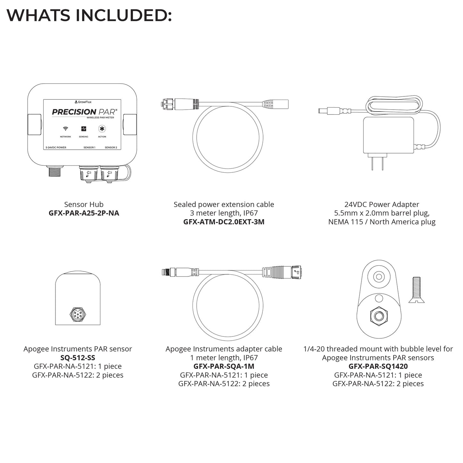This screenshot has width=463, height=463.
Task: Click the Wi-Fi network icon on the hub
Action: pyautogui.click(x=65, y=128)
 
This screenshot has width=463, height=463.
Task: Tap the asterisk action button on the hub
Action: pyautogui.click(x=102, y=129)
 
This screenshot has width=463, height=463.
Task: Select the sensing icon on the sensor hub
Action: pyautogui.click(x=84, y=129)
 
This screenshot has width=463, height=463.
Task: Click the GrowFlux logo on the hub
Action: pyautogui.click(x=83, y=102)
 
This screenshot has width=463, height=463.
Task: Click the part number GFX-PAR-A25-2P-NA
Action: pyautogui.click(x=84, y=213)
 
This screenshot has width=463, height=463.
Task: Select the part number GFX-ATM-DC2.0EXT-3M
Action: pyautogui.click(x=224, y=222)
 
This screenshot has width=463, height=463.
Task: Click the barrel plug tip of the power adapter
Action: pyautogui.click(x=323, y=111)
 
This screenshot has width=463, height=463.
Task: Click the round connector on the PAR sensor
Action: pyautogui.click(x=78, y=314)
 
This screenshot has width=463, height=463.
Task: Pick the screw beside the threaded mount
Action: pyautogui.click(x=417, y=290)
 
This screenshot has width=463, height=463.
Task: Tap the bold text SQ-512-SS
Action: pyautogui.click(x=78, y=358)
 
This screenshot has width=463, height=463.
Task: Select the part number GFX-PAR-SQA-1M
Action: pyautogui.click(x=224, y=367)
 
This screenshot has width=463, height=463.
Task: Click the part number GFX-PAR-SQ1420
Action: pyautogui.click(x=378, y=367)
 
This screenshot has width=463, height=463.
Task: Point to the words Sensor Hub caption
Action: pyautogui.click(x=84, y=204)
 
